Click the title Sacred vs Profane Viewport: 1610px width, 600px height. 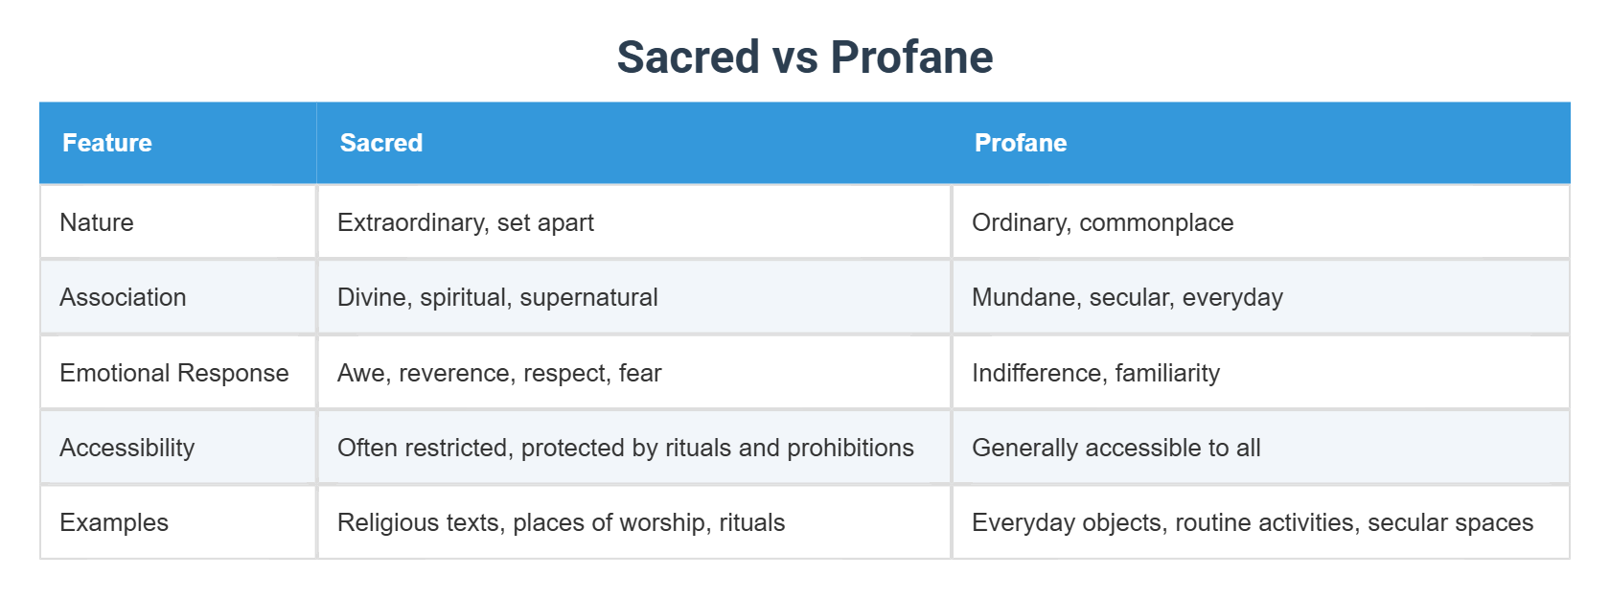(x=805, y=57)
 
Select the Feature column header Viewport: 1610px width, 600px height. (x=107, y=143)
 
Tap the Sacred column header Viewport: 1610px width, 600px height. (x=381, y=143)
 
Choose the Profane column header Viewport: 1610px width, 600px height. (x=1021, y=143)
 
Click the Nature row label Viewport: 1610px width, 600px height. (x=97, y=222)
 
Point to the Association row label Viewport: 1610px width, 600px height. (x=123, y=297)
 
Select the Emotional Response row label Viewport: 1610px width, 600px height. (x=174, y=373)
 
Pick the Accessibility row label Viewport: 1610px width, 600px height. (x=127, y=448)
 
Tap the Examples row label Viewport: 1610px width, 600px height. (x=114, y=522)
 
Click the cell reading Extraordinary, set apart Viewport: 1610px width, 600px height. (x=466, y=222)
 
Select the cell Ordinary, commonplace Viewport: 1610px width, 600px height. (x=1103, y=222)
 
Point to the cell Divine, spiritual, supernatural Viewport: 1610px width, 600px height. (x=497, y=297)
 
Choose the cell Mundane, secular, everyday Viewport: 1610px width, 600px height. (x=1127, y=297)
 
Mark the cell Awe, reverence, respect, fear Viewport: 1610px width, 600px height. (x=499, y=373)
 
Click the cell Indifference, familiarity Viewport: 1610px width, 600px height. (x=1096, y=373)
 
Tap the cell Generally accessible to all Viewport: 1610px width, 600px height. (x=1116, y=448)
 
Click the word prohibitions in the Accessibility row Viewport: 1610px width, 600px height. (x=850, y=448)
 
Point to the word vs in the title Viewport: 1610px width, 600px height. (x=794, y=58)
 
